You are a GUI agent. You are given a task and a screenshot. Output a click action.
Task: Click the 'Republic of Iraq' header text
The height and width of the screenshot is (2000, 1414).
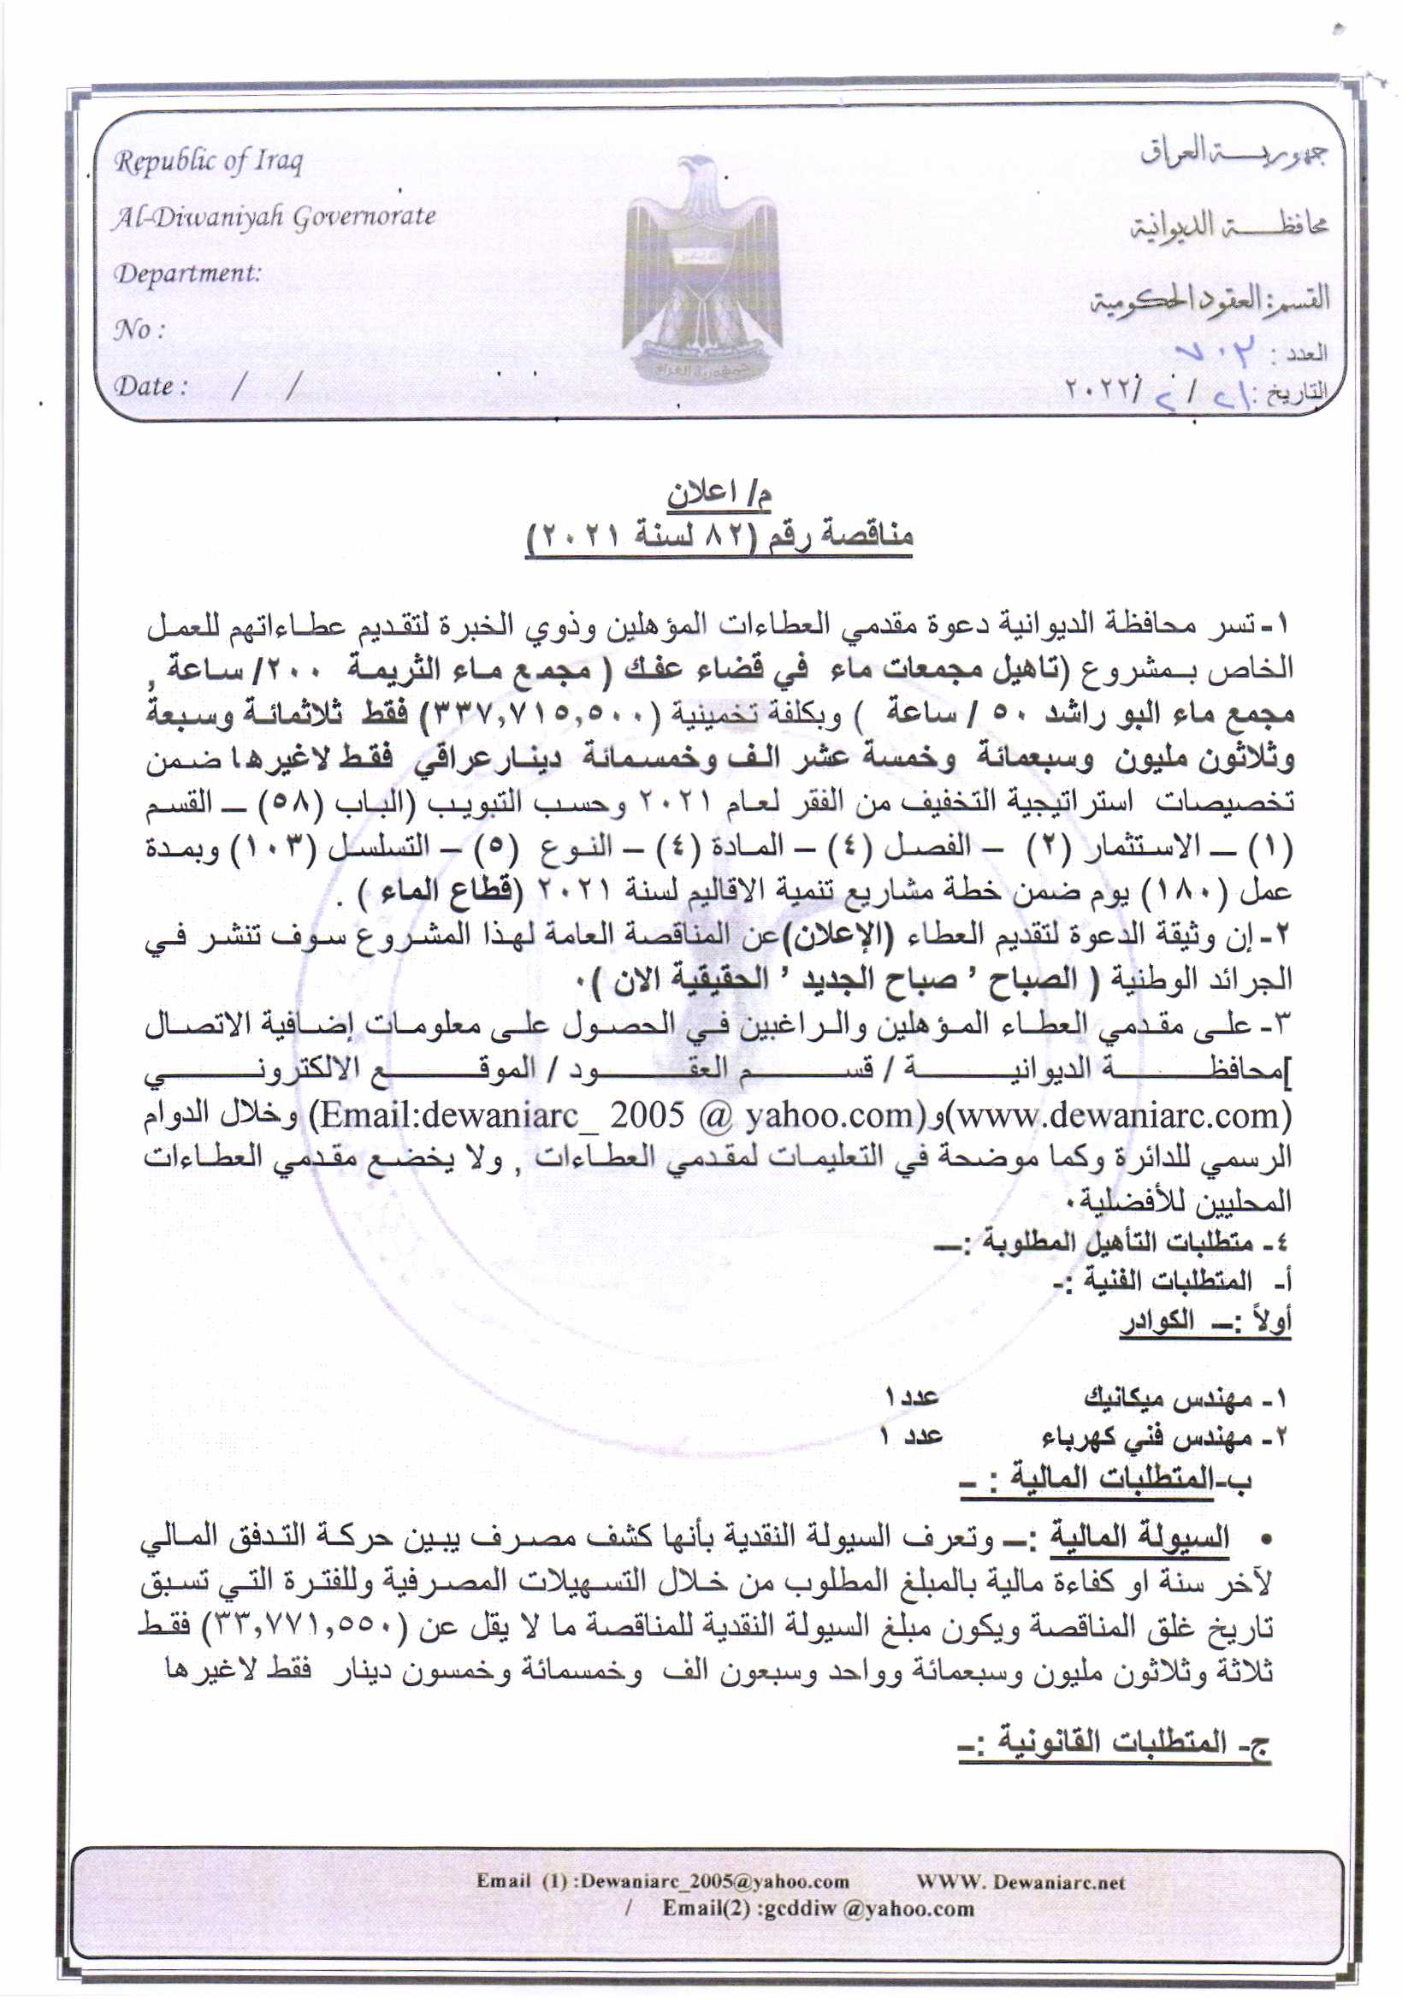[x=208, y=161]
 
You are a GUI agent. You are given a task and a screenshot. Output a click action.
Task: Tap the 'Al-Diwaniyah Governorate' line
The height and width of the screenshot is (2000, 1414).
[x=275, y=217]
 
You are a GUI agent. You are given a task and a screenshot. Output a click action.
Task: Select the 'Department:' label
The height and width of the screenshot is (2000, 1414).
[x=188, y=274]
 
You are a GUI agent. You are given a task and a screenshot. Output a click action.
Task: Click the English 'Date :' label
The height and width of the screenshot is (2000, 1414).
[x=151, y=386]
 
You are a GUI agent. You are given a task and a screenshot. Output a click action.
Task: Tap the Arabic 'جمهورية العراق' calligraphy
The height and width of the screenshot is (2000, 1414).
[x=1233, y=154]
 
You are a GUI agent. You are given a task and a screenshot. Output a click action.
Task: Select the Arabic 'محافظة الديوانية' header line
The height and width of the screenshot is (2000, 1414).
[x=1228, y=226]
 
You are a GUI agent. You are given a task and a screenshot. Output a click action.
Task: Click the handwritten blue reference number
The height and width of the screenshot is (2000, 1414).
[x=1216, y=352]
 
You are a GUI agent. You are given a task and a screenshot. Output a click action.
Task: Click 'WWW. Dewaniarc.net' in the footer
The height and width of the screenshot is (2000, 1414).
[x=1021, y=1882]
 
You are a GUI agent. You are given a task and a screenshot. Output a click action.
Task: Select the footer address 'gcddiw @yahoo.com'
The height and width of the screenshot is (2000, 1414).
[x=818, y=1908]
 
